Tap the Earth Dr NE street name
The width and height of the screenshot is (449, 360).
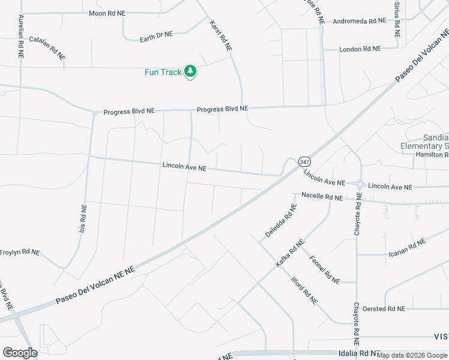[x=156, y=35]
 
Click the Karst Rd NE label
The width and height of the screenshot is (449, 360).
[x=220, y=35]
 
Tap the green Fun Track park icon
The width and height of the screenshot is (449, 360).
[x=190, y=72]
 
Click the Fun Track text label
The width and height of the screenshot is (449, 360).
[x=163, y=73]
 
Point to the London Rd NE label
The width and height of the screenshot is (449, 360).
[x=360, y=49]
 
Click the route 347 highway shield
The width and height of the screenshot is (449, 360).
[x=304, y=162]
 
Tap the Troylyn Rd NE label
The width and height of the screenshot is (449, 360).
[x=19, y=253]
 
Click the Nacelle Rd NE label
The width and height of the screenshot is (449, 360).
[x=322, y=197]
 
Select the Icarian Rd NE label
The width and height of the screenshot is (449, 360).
[x=407, y=247]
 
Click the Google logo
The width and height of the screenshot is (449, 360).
[x=20, y=353]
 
